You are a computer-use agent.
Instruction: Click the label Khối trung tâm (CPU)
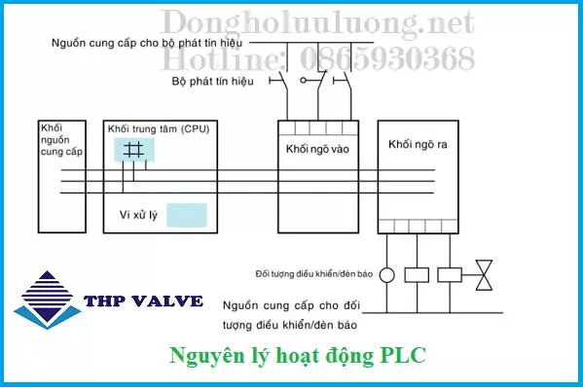[158, 128]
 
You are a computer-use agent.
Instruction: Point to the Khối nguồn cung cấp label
[60, 140]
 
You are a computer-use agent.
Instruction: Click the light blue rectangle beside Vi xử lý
[186, 215]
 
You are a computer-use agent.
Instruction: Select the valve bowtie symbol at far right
[484, 274]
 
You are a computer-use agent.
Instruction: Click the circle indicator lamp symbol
[386, 275]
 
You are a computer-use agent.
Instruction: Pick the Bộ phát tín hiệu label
[213, 81]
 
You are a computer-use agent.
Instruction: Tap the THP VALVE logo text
[143, 301]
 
